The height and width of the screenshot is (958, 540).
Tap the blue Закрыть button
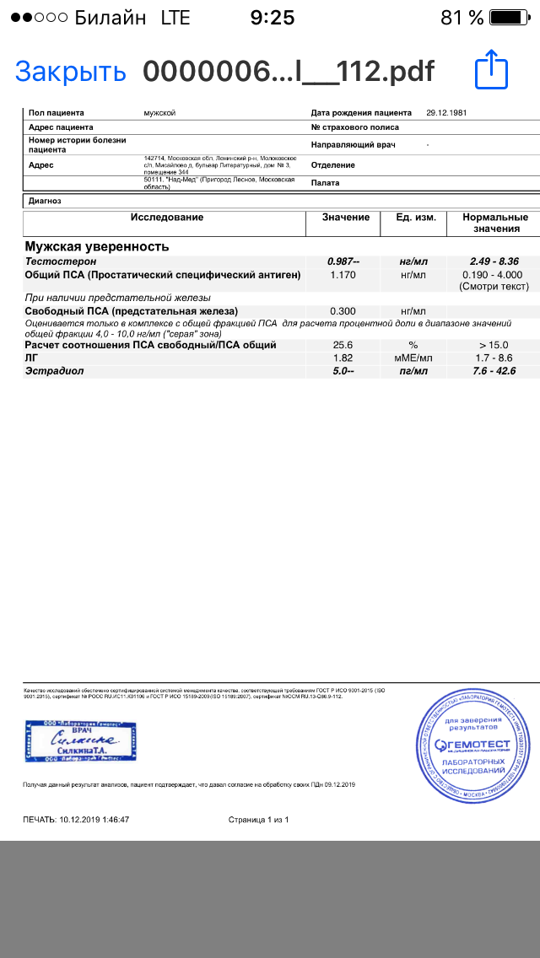[x=70, y=72]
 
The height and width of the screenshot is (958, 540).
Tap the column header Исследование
[x=166, y=218]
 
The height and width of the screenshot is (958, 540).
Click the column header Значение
[x=346, y=218]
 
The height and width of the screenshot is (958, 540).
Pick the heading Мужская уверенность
[x=97, y=247]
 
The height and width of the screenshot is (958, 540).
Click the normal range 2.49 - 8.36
[x=494, y=262]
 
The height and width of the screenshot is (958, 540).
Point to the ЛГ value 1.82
[x=343, y=358]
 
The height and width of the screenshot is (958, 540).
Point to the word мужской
[x=160, y=113]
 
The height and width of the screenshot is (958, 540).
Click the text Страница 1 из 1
[x=258, y=820]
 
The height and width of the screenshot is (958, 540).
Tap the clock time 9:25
[x=271, y=18]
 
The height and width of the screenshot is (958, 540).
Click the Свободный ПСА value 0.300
[x=343, y=310]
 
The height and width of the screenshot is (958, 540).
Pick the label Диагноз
[x=45, y=202]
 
